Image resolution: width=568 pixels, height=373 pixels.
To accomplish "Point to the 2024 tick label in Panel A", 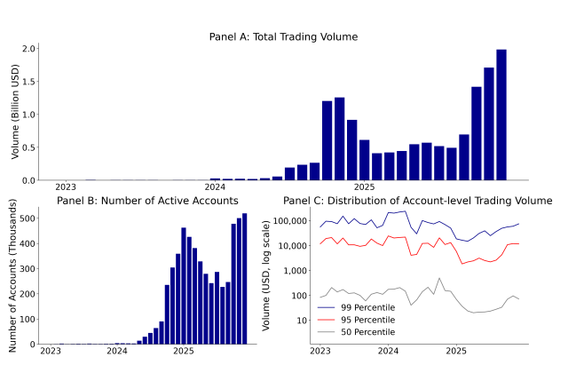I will [x=215, y=187].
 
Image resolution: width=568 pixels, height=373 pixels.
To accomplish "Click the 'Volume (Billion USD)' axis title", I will [x=15, y=114].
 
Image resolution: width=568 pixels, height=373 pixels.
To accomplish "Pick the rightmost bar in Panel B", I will [x=245, y=279].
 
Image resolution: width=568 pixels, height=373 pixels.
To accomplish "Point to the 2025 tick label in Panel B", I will [x=183, y=351].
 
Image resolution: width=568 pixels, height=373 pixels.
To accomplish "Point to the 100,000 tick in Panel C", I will [x=290, y=220].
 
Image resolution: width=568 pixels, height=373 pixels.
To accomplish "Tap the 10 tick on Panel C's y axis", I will [x=303, y=320].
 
